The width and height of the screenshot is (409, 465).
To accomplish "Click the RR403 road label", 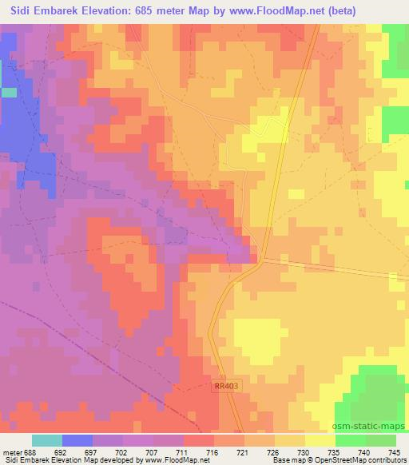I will (x=225, y=386).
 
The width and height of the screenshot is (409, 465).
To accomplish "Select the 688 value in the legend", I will (x=30, y=452).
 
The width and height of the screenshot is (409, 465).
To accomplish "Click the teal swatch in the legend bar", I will (x=47, y=440).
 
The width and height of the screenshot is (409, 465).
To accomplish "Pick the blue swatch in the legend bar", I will (x=77, y=440).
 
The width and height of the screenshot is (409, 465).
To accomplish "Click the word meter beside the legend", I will (x=11, y=452).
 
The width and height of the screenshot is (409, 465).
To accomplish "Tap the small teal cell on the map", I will (x=9, y=93).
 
